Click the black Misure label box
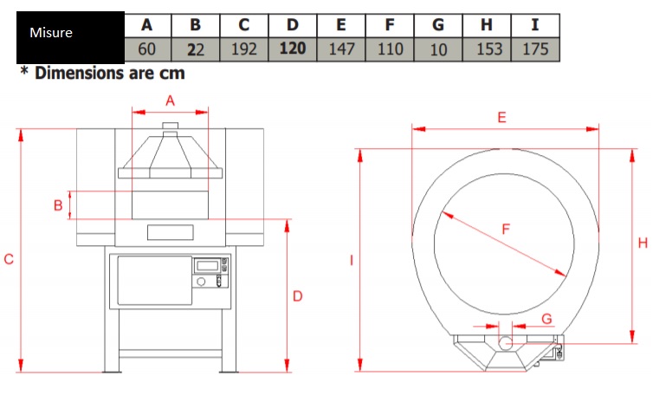click(x=70, y=37)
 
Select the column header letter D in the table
click(x=293, y=25)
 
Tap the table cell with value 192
click(x=243, y=49)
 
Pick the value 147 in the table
click(x=341, y=49)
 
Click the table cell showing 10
click(x=438, y=49)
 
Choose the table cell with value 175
click(x=535, y=49)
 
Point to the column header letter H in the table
click(x=487, y=25)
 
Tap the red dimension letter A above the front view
click(x=170, y=100)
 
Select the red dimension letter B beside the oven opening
click(x=58, y=205)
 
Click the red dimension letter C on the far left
click(x=9, y=259)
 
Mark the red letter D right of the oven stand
click(x=298, y=296)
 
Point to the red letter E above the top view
click(x=501, y=117)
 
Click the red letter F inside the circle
click(x=506, y=230)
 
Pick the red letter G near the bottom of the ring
click(x=546, y=319)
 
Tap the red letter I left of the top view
click(x=352, y=261)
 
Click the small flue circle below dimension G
click(x=505, y=343)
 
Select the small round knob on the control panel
click(x=201, y=282)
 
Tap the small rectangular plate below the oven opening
click(x=171, y=232)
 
